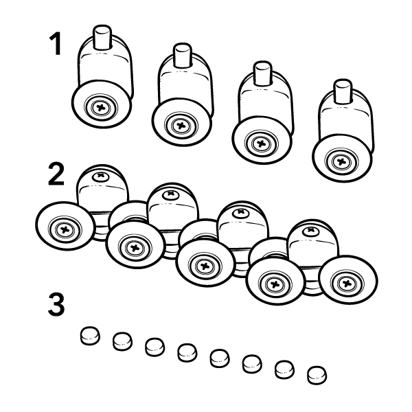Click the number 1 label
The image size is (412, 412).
[x=56, y=44]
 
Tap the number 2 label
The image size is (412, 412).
[x=56, y=174]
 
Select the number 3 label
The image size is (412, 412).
[x=56, y=304]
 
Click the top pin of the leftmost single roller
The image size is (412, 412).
[x=102, y=37]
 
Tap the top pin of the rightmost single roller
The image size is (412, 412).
[x=343, y=91]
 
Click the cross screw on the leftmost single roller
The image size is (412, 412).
[x=101, y=108]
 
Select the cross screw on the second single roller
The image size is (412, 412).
[x=181, y=126]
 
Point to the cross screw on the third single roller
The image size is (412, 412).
[x=261, y=144]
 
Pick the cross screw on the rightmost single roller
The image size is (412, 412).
[x=341, y=161]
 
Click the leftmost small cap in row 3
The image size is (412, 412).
[x=90, y=336]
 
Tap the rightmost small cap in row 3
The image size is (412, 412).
[x=317, y=375]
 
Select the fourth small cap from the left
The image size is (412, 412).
[x=187, y=352]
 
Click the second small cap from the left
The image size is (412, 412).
[x=122, y=341]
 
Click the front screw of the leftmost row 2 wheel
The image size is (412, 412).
[x=65, y=230]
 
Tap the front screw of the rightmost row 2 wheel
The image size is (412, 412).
[x=347, y=283]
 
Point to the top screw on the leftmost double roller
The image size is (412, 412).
[x=101, y=176]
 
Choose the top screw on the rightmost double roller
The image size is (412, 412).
[x=312, y=231]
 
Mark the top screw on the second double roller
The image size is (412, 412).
[x=171, y=195]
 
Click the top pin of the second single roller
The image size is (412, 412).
[x=183, y=55]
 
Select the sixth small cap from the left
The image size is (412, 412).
[x=252, y=364]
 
